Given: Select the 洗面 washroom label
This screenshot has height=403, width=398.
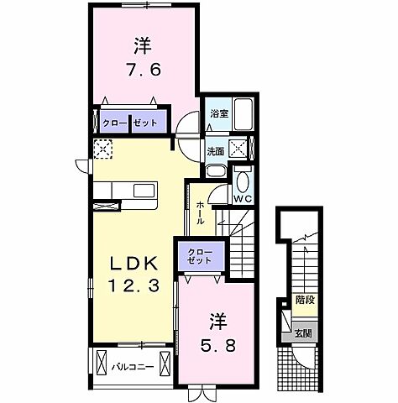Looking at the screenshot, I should [x=215, y=152].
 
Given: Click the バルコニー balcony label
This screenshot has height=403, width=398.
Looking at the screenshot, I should [x=133, y=366].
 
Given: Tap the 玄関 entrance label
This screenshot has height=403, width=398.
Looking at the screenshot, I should [x=302, y=332].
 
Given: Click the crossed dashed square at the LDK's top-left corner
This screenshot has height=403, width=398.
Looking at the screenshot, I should [x=102, y=149].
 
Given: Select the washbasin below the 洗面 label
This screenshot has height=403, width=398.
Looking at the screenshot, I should [x=216, y=171].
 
